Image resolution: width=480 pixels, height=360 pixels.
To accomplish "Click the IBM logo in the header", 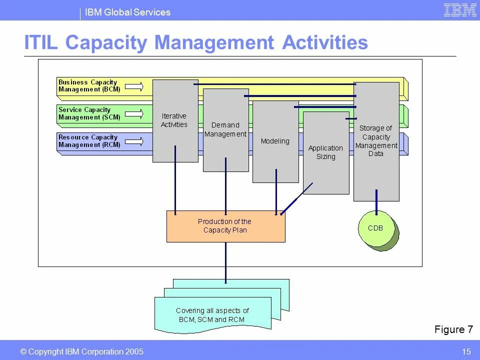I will click(460, 10).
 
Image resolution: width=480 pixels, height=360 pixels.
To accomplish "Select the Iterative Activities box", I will click(174, 121).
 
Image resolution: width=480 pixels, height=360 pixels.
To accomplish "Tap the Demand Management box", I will click(225, 130).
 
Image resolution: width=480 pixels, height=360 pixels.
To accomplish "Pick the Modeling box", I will click(275, 141).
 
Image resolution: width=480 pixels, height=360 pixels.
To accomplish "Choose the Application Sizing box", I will click(325, 152).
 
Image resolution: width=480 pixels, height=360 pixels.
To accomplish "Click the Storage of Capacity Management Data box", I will click(376, 141).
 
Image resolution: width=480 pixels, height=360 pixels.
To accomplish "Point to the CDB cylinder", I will click(376, 228).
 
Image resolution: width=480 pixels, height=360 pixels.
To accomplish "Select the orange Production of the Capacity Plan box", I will click(225, 226).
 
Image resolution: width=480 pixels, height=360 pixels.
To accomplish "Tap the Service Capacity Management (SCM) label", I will click(89, 113).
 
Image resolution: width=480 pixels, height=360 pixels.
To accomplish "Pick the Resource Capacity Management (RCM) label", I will click(89, 141).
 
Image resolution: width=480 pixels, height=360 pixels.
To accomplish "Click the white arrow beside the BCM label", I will click(134, 87).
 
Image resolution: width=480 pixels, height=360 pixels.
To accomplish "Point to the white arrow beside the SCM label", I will click(134, 114).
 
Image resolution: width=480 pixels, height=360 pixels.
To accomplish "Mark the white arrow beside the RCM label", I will click(134, 142).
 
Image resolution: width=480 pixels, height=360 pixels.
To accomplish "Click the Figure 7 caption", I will click(453, 329).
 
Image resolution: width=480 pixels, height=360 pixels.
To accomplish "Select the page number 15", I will click(466, 352).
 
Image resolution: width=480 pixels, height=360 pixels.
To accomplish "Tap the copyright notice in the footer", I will click(81, 352).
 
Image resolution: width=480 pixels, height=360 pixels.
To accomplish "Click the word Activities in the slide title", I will click(325, 43).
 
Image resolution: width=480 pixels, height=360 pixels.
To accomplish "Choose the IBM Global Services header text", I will click(127, 12).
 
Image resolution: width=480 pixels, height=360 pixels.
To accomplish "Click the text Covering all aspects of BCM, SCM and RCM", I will click(213, 315).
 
